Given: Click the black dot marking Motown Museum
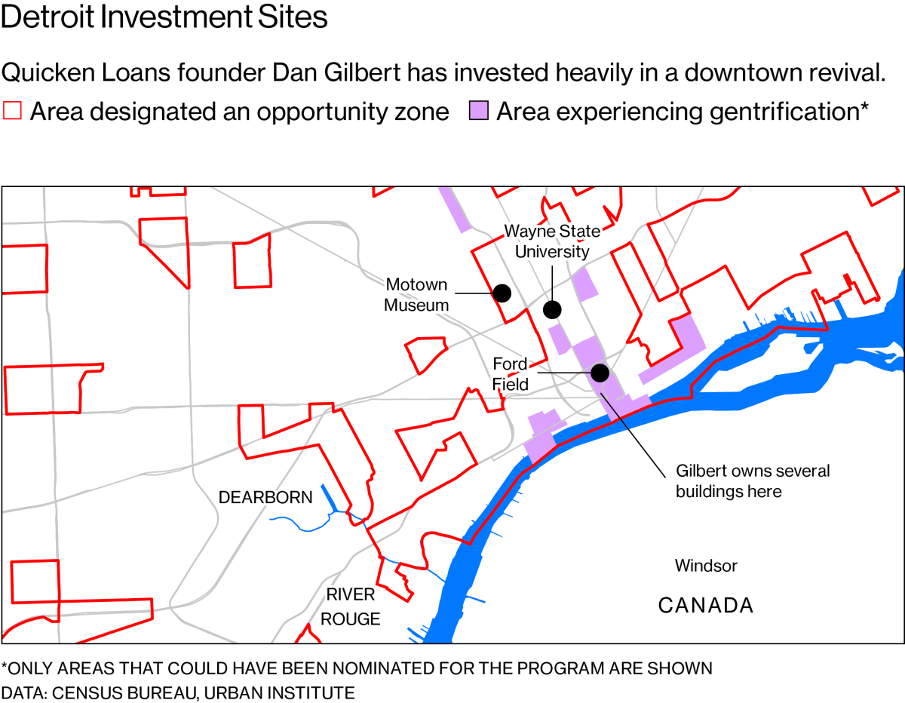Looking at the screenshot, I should [502, 293].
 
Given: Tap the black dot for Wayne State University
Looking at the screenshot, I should [552, 309].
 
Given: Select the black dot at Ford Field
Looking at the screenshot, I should [600, 373].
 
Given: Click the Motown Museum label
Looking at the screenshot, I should [416, 295].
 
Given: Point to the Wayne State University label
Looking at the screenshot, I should [552, 241].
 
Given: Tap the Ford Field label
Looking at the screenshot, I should [511, 374].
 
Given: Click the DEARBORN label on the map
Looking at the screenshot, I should [265, 498].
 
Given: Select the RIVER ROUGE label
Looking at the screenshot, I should [351, 607].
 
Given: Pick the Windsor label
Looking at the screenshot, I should [706, 566].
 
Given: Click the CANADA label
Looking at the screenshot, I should [706, 605].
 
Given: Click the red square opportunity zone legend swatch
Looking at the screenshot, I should [13, 112].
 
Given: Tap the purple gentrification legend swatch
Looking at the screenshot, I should [479, 112].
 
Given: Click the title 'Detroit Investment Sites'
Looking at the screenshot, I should [164, 17].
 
